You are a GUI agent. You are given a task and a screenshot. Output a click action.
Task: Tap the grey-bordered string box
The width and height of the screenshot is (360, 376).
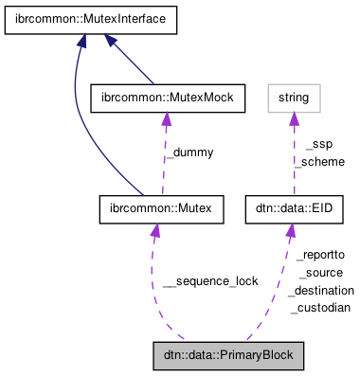coord(293,96)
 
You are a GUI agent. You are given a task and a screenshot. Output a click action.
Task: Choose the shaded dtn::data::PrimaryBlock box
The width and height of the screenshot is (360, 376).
coord(228,356)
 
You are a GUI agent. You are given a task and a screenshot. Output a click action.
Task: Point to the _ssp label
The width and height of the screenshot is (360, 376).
coord(318,145)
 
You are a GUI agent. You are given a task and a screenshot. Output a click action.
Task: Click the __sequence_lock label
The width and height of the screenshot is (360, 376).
coord(210,281)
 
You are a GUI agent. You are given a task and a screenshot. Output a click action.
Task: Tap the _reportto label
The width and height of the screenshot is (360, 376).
coord(320,255)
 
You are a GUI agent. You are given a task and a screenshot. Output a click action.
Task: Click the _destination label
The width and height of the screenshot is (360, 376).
coord(322,290)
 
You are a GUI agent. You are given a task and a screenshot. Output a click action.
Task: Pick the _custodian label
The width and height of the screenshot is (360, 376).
coord(320,308)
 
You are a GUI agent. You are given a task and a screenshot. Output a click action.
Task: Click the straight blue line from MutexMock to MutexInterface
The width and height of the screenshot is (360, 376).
coord(132,63)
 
